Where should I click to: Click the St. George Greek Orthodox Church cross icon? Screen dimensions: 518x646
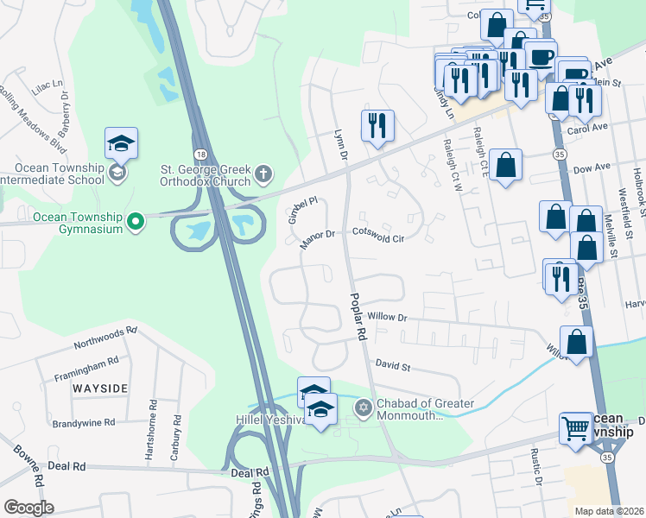click(263, 175)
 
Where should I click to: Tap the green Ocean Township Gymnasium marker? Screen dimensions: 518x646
click(135, 223)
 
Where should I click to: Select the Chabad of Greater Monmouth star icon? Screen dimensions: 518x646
click(364, 407)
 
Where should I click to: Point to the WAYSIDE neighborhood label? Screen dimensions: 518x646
click(100, 388)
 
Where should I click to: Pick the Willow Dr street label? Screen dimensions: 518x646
click(385, 318)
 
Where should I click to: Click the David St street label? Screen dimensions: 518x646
click(392, 367)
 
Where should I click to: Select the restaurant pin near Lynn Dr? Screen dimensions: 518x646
click(378, 125)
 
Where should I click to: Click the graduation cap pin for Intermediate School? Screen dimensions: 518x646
click(122, 143)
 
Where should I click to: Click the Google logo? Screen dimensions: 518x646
click(28, 508)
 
